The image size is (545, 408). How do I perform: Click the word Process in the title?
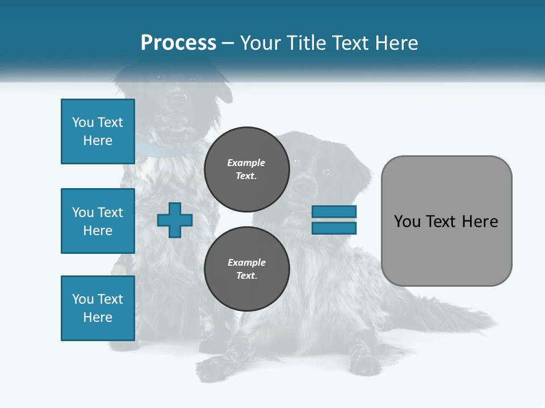tap(178, 43)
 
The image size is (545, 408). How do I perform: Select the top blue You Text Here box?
tap(98, 131)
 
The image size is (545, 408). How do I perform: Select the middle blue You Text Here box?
tap(98, 221)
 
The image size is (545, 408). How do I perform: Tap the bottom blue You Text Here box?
tap(98, 308)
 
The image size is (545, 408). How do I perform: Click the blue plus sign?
tap(175, 220)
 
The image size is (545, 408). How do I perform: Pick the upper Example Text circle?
tap(246, 169)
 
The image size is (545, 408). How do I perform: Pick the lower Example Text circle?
tap(246, 269)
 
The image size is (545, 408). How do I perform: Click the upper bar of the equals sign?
tap(334, 212)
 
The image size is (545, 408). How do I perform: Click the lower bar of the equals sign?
tap(334, 228)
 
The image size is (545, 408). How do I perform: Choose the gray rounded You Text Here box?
tap(446, 221)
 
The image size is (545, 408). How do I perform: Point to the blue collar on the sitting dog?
tap(165, 150)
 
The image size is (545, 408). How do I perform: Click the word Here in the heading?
tap(396, 43)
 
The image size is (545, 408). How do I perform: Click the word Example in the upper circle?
tap(246, 163)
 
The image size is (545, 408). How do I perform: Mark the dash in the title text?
tap(228, 43)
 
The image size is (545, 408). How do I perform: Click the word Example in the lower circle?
tap(246, 262)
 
